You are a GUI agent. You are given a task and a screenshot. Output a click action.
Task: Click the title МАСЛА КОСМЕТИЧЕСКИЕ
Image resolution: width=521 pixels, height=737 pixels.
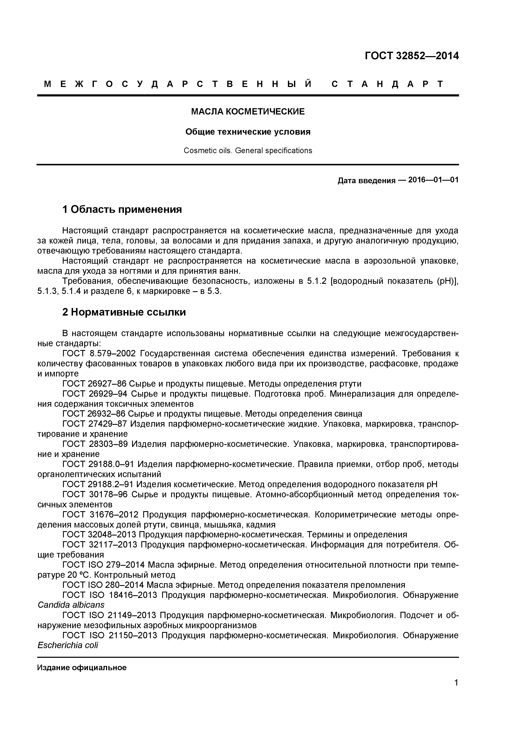click(x=248, y=112)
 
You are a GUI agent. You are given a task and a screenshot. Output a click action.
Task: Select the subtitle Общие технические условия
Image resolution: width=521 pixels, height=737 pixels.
click(x=248, y=132)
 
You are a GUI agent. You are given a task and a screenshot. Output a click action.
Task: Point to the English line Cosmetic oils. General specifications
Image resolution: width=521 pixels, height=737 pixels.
click(x=248, y=151)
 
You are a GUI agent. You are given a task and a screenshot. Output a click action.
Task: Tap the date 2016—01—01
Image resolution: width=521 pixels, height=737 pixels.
click(x=433, y=180)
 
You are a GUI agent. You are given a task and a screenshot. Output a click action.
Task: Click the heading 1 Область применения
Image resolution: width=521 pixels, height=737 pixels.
click(x=122, y=209)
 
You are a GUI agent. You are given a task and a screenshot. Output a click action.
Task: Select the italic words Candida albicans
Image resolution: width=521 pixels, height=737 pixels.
click(x=71, y=605)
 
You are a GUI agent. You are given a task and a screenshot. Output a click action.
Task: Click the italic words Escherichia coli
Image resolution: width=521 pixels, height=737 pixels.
click(x=68, y=645)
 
